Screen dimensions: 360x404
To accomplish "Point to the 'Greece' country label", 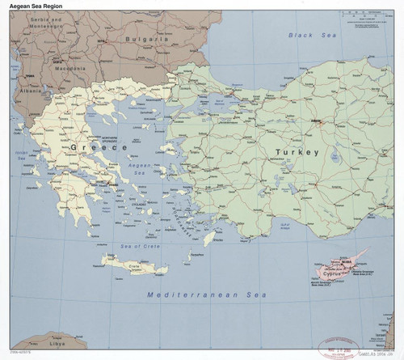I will [90, 148].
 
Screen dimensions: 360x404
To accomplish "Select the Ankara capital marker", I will [316, 122].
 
